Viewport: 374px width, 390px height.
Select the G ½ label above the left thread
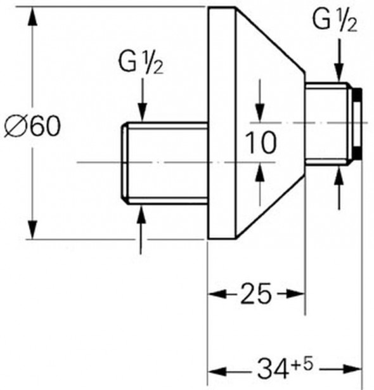click(141, 63)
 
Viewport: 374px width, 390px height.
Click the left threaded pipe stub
click(165, 163)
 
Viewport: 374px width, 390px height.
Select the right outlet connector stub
click(326, 124)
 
